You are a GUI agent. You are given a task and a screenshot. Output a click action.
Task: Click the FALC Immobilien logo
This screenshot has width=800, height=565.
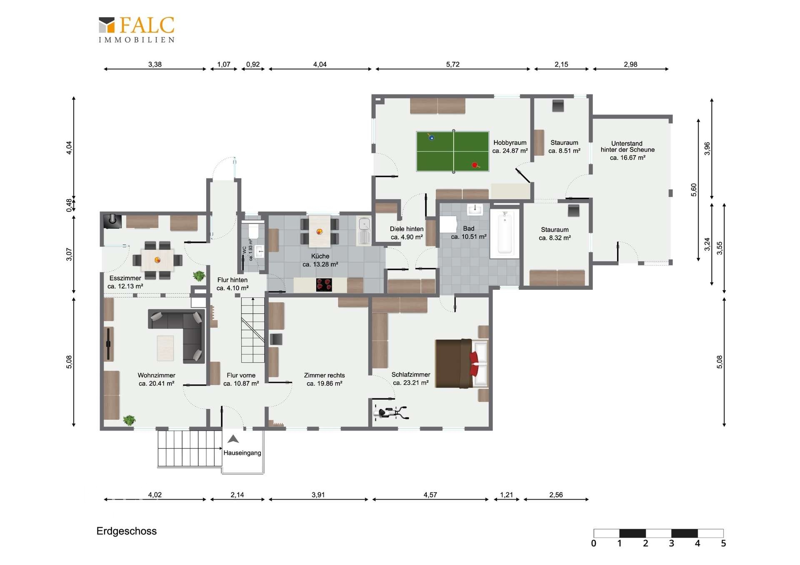136,30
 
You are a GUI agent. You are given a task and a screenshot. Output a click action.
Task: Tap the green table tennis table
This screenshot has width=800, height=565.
452,152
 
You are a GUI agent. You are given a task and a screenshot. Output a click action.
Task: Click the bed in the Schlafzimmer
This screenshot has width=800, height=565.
461,363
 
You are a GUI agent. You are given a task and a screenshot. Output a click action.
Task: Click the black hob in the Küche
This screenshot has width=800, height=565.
324,285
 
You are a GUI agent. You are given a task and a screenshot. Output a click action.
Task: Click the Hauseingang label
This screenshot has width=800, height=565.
242,453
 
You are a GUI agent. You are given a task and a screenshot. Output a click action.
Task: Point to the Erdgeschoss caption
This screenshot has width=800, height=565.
127,531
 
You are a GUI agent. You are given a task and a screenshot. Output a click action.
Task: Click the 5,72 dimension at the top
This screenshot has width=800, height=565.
452,65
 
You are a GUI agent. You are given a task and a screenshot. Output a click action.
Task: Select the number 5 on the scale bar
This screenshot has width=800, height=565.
723,543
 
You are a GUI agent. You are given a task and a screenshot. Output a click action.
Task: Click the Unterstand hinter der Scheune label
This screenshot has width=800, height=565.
627,150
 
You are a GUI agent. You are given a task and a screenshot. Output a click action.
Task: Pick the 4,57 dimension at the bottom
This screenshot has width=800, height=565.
430,495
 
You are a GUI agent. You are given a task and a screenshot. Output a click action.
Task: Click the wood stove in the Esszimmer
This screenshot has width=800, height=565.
112,221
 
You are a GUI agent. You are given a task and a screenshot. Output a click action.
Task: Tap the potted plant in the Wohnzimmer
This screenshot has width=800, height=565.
130,420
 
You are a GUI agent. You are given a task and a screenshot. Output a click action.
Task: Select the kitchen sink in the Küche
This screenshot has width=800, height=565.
364,231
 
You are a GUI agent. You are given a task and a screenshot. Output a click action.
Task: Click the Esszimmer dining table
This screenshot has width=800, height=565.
157,260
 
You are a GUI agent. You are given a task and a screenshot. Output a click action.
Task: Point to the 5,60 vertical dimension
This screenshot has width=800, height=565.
694,190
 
